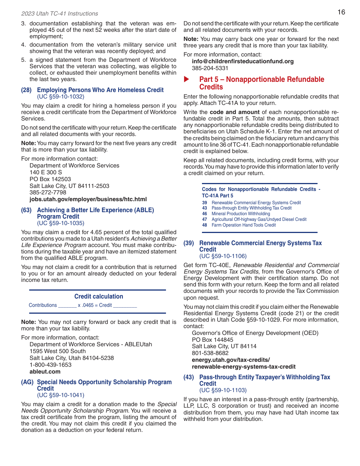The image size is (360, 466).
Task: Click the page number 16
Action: click(x=341, y=12)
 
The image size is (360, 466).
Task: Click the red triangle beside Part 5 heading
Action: click(x=186, y=79)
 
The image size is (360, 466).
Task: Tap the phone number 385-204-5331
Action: click(x=210, y=68)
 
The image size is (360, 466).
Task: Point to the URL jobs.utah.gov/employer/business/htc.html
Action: click(x=88, y=199)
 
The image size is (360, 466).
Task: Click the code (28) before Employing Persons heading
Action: click(x=27, y=90)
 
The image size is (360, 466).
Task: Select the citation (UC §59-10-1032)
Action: click(x=61, y=97)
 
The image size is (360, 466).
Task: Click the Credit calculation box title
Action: click(x=99, y=297)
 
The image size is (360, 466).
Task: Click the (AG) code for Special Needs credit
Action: click(x=27, y=382)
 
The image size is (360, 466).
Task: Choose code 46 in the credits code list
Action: click(x=205, y=214)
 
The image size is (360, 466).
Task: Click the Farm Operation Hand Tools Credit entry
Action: click(x=244, y=225)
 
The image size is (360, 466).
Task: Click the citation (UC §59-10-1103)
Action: click(x=223, y=390)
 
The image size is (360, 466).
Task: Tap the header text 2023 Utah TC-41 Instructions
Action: click(x=59, y=14)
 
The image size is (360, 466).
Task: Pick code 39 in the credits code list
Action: click(x=205, y=203)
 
